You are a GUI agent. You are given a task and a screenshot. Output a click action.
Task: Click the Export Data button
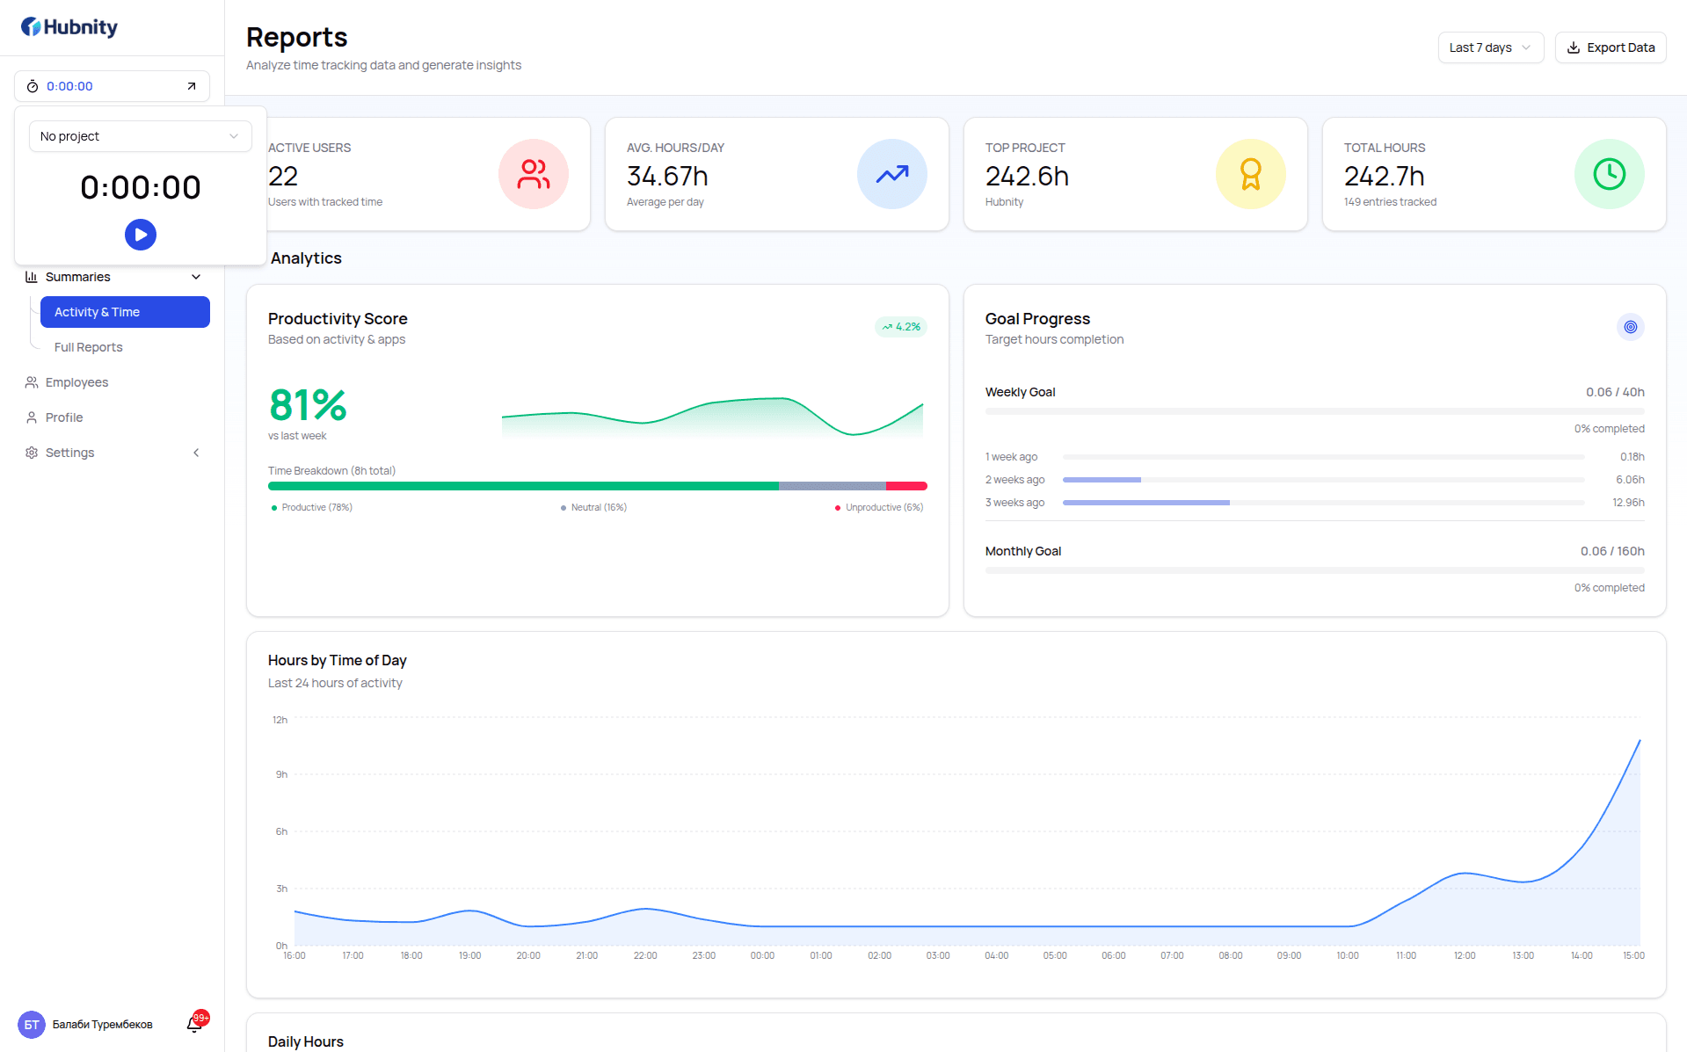pos(1611,47)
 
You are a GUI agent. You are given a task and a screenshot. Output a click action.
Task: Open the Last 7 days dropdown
pos(1490,47)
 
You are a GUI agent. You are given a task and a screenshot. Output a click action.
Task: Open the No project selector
pos(141,136)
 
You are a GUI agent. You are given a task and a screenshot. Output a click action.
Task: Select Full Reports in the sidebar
pos(88,347)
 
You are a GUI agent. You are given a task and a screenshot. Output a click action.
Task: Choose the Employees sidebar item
pos(76,382)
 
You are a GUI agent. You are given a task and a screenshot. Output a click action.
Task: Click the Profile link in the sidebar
pos(64,417)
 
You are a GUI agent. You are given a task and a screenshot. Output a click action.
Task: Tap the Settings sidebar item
pos(69,453)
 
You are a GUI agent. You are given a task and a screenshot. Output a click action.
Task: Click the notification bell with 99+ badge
pos(195,1023)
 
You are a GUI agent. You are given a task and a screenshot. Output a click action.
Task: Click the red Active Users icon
pos(534,174)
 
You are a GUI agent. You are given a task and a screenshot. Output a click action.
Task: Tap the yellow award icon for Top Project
pos(1251,174)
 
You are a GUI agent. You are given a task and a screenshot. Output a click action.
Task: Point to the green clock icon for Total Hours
pos(1610,174)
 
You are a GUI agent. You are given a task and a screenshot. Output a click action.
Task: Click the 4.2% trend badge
pos(901,327)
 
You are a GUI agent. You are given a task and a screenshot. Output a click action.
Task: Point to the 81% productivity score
pos(308,405)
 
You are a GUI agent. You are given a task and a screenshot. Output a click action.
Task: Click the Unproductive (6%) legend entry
pos(879,507)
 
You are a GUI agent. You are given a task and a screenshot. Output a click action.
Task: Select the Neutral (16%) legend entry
pos(593,507)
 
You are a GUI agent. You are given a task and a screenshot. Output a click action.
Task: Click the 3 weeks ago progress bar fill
pos(1146,503)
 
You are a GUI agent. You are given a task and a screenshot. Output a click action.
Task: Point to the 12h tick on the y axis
pos(280,720)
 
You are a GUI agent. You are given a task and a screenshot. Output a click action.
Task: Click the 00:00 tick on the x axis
pos(762,955)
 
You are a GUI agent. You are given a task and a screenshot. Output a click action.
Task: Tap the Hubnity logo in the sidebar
pos(69,27)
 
